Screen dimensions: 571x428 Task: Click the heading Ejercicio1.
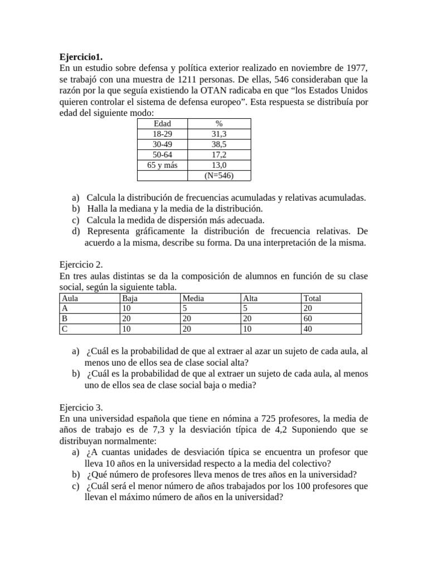click(81, 57)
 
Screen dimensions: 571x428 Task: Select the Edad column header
click(162, 123)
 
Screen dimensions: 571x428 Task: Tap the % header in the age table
click(219, 123)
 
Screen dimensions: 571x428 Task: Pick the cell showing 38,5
click(219, 144)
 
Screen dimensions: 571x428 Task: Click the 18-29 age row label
click(162, 134)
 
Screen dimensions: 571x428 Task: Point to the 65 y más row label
click(162, 166)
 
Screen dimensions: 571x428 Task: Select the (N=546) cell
click(219, 176)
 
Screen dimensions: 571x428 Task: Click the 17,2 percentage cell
click(219, 155)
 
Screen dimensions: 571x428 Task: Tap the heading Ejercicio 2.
click(81, 265)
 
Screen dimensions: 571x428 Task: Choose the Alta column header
click(251, 298)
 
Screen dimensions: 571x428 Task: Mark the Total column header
click(312, 298)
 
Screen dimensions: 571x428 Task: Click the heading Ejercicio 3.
click(81, 408)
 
